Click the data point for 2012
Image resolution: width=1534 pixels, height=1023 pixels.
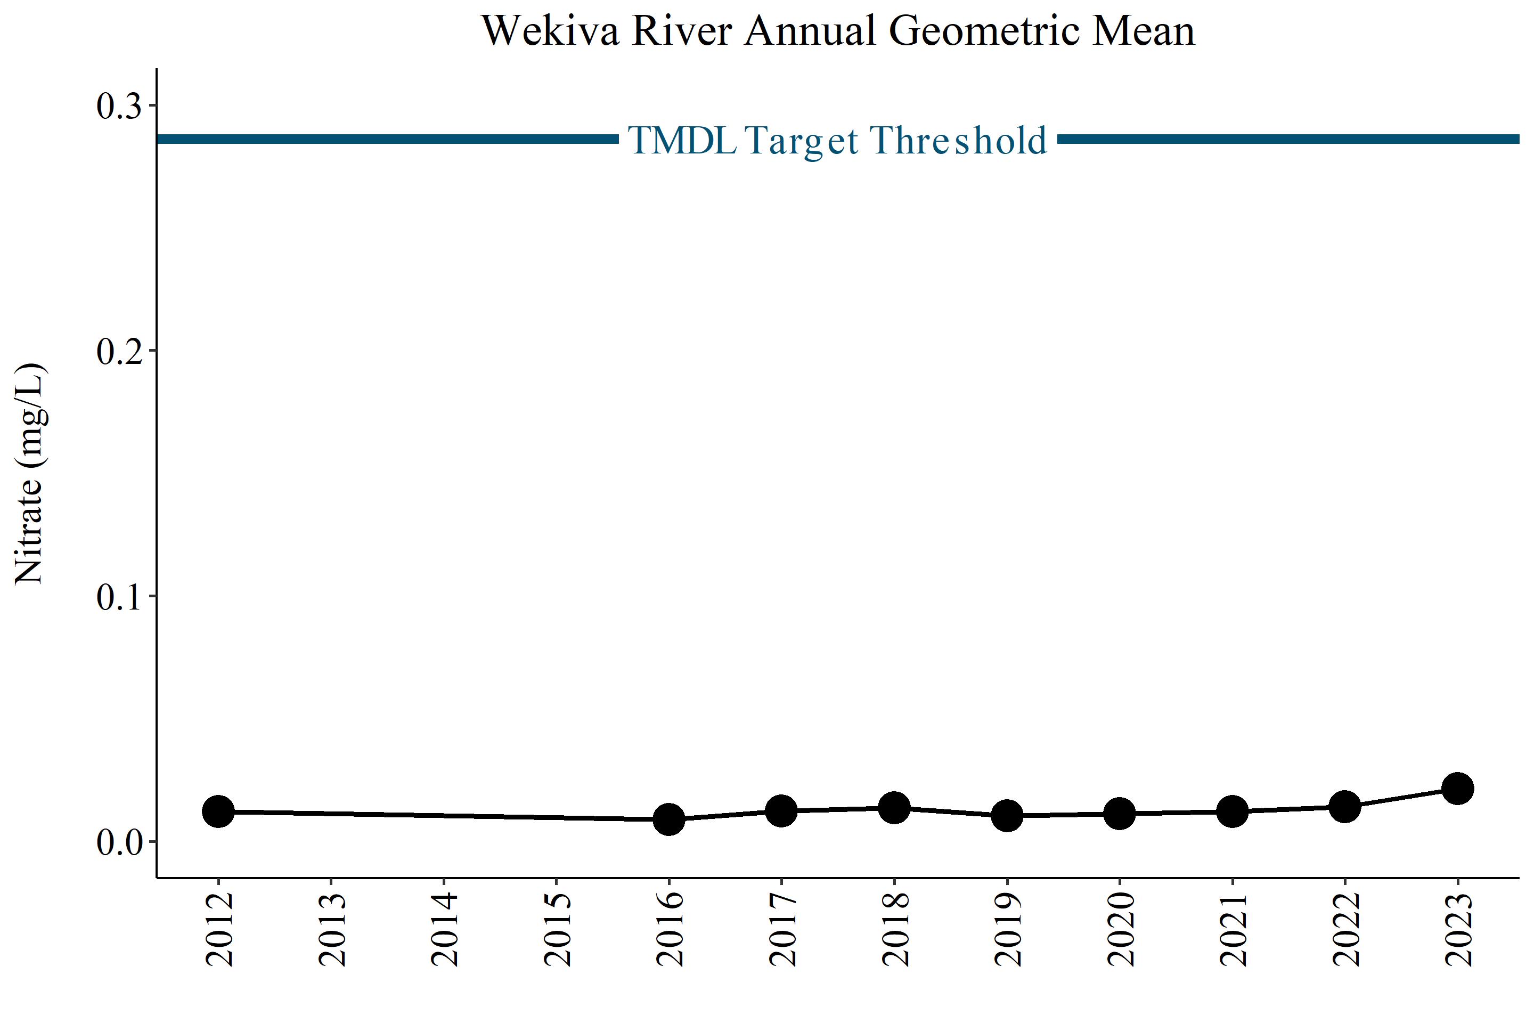click(218, 811)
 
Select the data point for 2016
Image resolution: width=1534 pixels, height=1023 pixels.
click(669, 819)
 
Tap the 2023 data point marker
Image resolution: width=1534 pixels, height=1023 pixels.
click(1458, 789)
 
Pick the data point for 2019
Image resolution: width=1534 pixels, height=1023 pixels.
click(1007, 816)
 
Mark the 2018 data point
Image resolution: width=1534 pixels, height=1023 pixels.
click(894, 808)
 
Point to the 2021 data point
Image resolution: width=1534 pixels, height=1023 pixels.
click(1233, 811)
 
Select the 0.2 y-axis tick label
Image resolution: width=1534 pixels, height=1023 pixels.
click(119, 351)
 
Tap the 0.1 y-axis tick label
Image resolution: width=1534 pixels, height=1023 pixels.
click(119, 596)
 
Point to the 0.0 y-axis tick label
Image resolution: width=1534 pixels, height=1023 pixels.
click(119, 842)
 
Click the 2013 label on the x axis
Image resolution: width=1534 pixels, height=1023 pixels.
click(332, 929)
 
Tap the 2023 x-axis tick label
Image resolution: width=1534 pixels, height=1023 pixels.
click(1458, 929)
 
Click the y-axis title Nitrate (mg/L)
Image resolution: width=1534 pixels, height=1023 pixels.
click(30, 474)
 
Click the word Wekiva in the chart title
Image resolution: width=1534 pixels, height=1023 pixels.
click(551, 31)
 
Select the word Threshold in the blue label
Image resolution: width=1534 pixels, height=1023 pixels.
click(958, 140)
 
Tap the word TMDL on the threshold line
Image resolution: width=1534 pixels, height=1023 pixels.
click(682, 140)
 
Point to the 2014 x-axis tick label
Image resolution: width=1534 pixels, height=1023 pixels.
click(445, 929)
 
